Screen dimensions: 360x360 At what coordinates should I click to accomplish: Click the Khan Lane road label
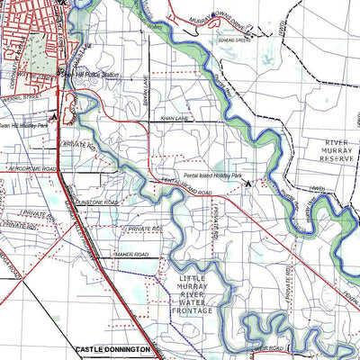tap(175, 118)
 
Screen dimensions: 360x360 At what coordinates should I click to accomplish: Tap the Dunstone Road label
tap(96, 203)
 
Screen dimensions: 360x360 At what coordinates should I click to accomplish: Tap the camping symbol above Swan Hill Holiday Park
tap(55, 115)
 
